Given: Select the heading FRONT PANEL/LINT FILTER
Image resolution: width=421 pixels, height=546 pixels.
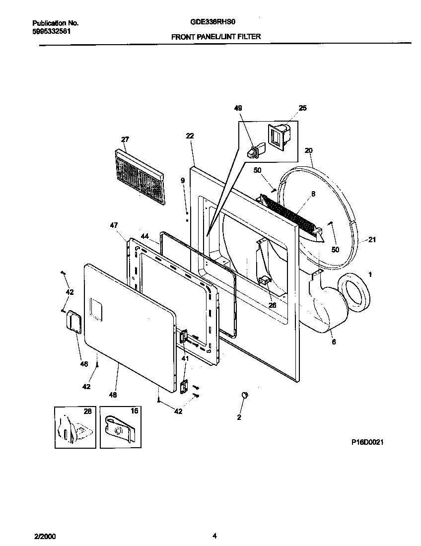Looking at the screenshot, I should tap(216, 36).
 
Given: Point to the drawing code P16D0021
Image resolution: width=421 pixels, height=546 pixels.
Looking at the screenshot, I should tap(365, 442).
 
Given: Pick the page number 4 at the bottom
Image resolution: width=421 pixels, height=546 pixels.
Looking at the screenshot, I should tap(214, 535).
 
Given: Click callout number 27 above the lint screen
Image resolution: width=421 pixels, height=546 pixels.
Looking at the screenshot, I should tap(125, 139).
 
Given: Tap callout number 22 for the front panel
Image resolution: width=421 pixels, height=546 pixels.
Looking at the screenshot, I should tap(190, 136).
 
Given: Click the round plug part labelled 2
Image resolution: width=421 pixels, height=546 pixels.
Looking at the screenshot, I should tap(244, 395).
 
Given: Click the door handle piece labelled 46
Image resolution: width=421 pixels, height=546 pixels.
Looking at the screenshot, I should tap(74, 320).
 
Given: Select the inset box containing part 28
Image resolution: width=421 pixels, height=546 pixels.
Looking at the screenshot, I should tap(74, 426).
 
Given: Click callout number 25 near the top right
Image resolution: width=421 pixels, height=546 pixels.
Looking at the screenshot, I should tap(302, 108).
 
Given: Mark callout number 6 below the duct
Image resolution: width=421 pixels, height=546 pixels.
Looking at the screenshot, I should tap(333, 342).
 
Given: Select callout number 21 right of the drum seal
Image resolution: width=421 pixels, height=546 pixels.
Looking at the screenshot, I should tap(371, 240).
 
